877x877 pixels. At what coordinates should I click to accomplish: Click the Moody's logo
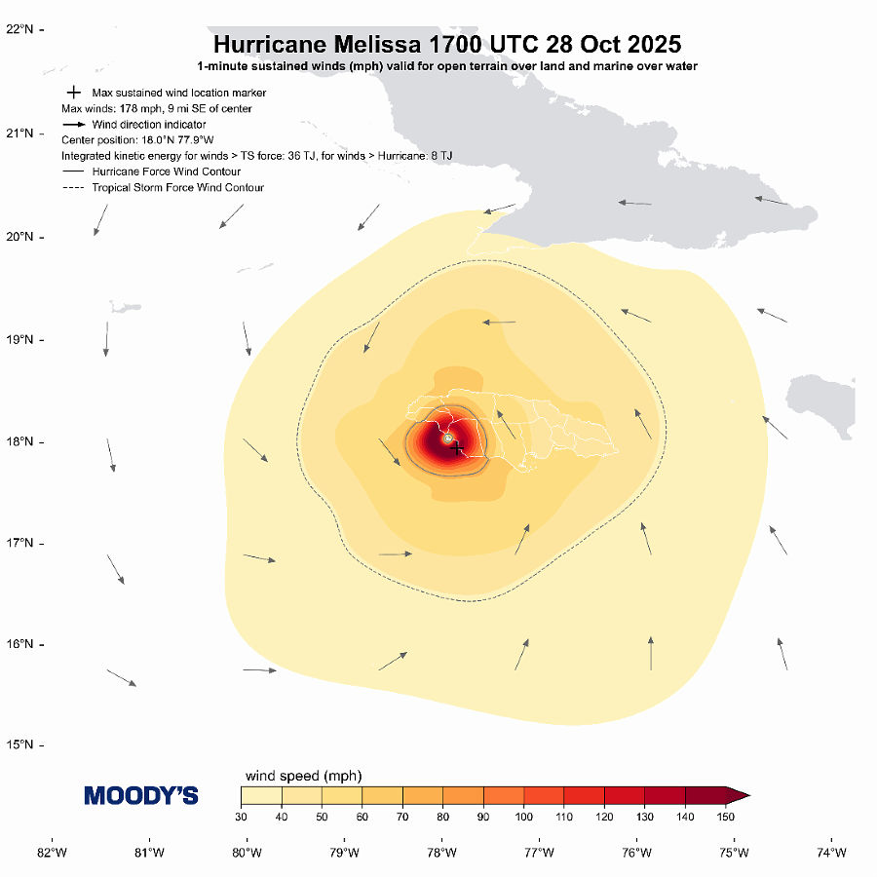[x=141, y=796]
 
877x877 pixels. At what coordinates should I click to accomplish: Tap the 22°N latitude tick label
[x=20, y=29]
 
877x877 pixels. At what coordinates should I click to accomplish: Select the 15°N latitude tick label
[x=20, y=745]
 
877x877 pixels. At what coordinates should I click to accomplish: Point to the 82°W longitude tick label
[x=52, y=854]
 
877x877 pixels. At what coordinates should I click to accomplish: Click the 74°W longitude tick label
[x=831, y=854]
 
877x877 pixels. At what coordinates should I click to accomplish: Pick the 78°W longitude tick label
[x=441, y=854]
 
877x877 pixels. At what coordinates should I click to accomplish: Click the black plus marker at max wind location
[x=457, y=447]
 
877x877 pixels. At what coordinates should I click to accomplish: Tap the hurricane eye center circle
[x=447, y=438]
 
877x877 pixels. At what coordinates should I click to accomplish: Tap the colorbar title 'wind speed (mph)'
[x=302, y=776]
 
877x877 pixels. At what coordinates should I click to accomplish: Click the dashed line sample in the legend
[x=73, y=187]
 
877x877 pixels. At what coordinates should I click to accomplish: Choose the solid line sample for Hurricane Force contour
[x=73, y=172]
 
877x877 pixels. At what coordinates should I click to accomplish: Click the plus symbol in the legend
[x=73, y=93]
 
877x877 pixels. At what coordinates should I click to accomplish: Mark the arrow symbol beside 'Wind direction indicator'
[x=73, y=125]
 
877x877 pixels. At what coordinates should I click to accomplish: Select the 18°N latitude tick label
[x=20, y=441]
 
